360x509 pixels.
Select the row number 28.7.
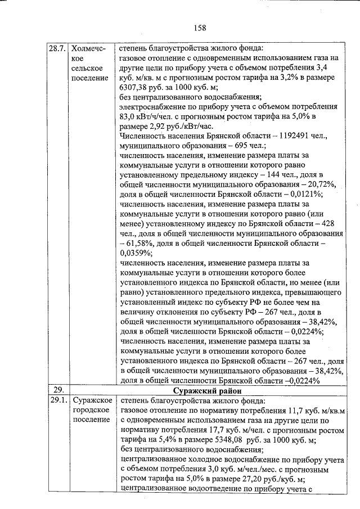point(58,48)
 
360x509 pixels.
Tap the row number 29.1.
point(58,401)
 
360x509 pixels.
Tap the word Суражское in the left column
point(89,401)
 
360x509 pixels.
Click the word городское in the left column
point(90,411)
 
